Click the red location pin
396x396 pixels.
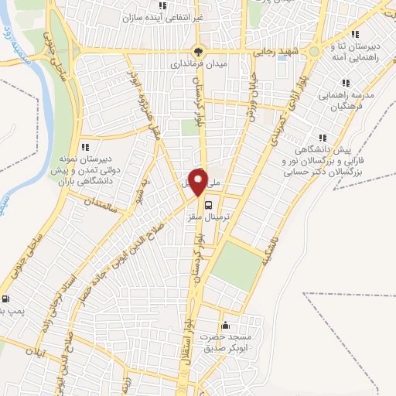tap(199, 183)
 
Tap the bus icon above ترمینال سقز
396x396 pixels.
tap(209, 205)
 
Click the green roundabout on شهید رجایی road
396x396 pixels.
tap(313, 53)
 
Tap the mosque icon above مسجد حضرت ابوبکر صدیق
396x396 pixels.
tap(225, 325)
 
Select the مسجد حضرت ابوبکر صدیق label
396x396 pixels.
tap(227, 343)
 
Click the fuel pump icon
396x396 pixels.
tap(7, 299)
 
